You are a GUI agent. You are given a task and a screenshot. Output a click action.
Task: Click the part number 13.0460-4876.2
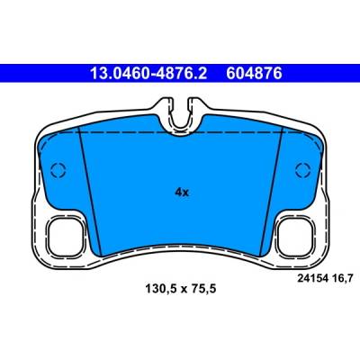[148, 73]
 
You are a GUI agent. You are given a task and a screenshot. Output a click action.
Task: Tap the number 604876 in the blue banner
[254, 73]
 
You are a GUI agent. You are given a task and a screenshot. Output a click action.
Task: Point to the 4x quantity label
[182, 193]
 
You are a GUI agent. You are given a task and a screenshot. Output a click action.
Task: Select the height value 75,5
[203, 290]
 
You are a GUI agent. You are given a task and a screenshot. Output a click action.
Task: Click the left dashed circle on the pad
[58, 170]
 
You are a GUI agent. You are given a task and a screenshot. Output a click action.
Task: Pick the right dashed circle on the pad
[302, 170]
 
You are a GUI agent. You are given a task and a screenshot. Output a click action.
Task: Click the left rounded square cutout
[65, 237]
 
